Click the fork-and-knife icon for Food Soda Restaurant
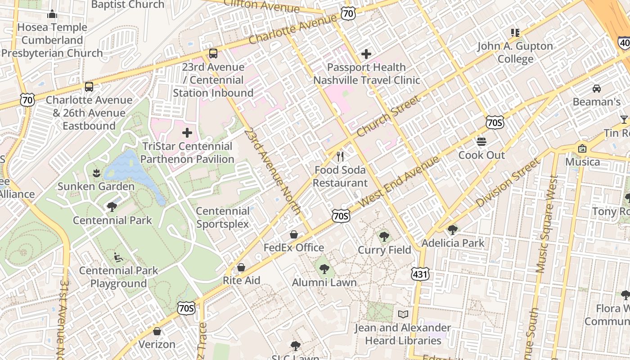[x=340, y=157]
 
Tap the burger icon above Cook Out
[x=481, y=142]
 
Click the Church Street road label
[x=389, y=117]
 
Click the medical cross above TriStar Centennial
[x=187, y=133]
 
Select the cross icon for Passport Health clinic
[x=366, y=54]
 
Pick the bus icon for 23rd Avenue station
[x=213, y=54]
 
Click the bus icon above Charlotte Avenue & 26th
[x=89, y=86]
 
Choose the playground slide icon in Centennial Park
[x=118, y=257]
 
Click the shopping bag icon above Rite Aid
[x=241, y=267]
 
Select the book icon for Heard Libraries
[x=403, y=314]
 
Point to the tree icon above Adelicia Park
[x=453, y=229]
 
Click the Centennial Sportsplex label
[x=222, y=217]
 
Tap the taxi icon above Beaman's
[x=596, y=88]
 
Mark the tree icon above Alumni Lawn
[x=324, y=269]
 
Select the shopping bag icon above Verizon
[x=157, y=331]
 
